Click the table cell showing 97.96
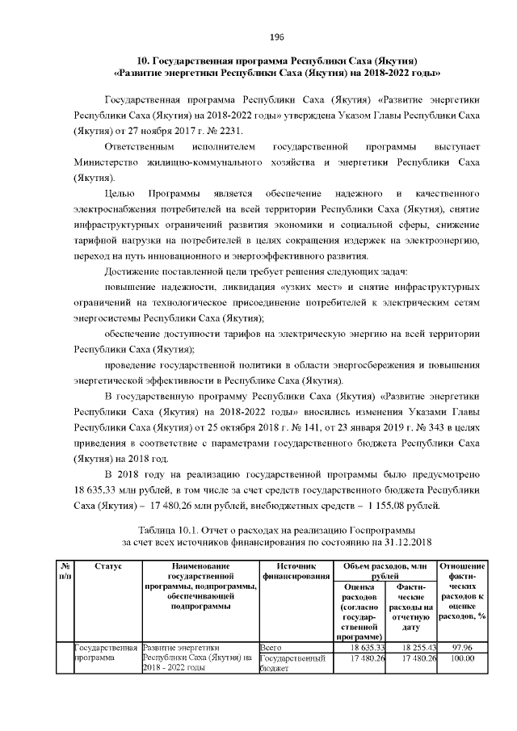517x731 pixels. point(461,647)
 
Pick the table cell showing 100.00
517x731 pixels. point(461,658)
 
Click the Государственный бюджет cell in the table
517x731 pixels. point(292,664)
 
